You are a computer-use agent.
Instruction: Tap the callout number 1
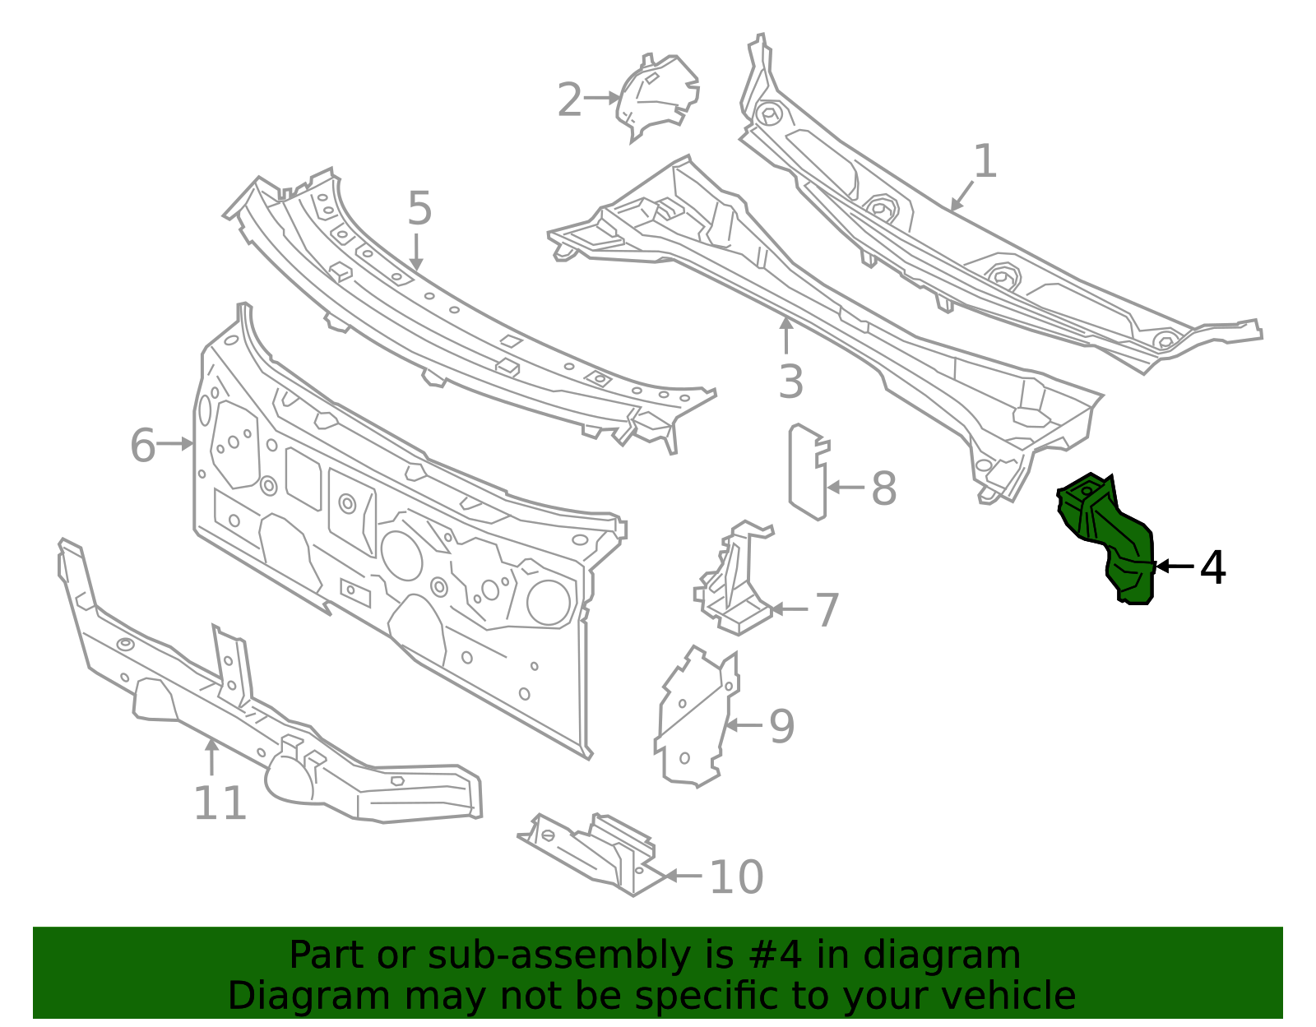click(x=985, y=162)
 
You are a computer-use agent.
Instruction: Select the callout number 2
click(x=569, y=100)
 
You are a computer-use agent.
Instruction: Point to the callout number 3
click(x=790, y=382)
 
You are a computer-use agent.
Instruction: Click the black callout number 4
click(x=1212, y=567)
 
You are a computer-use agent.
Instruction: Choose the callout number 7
click(x=826, y=610)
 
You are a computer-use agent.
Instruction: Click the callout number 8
click(x=883, y=488)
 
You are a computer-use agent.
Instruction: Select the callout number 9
click(x=781, y=727)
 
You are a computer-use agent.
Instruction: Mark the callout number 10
click(x=736, y=877)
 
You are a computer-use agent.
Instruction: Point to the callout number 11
click(x=220, y=803)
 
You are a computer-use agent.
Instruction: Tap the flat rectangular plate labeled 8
click(x=806, y=473)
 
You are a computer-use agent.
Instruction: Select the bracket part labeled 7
click(x=734, y=580)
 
